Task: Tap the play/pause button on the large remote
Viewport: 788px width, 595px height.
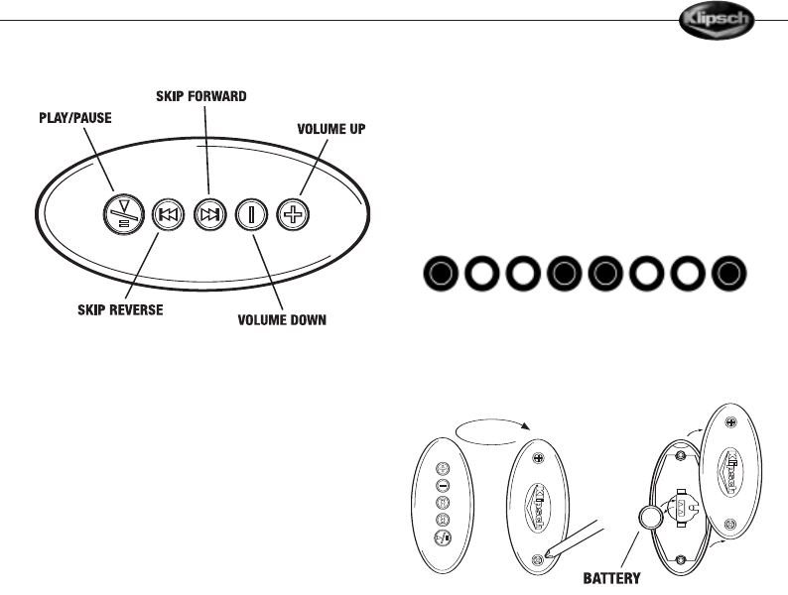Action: pos(123,215)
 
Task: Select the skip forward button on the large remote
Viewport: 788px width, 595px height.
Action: pos(208,215)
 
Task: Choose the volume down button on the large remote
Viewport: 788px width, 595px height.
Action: pos(249,215)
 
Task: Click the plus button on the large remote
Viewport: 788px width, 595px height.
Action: pos(290,215)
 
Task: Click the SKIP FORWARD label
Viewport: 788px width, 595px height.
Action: pos(201,96)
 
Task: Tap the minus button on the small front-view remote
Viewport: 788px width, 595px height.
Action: pos(445,487)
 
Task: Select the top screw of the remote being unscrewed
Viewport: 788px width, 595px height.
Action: pos(539,458)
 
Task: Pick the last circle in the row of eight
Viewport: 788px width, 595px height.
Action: pos(730,274)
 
